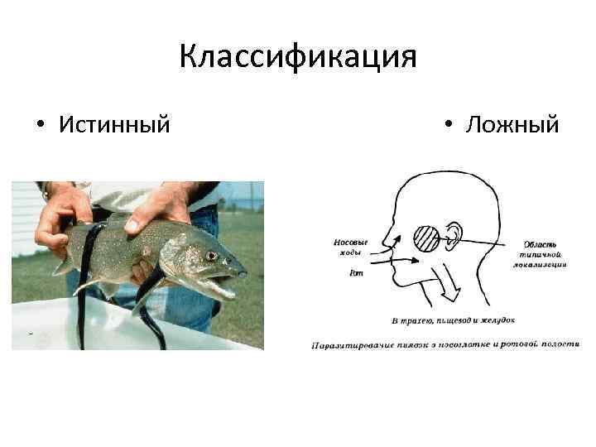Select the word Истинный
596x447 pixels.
[114, 125]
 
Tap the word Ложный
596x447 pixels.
[512, 125]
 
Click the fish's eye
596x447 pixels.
[212, 256]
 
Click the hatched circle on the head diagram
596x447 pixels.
[428, 238]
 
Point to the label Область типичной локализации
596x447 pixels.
[543, 254]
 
